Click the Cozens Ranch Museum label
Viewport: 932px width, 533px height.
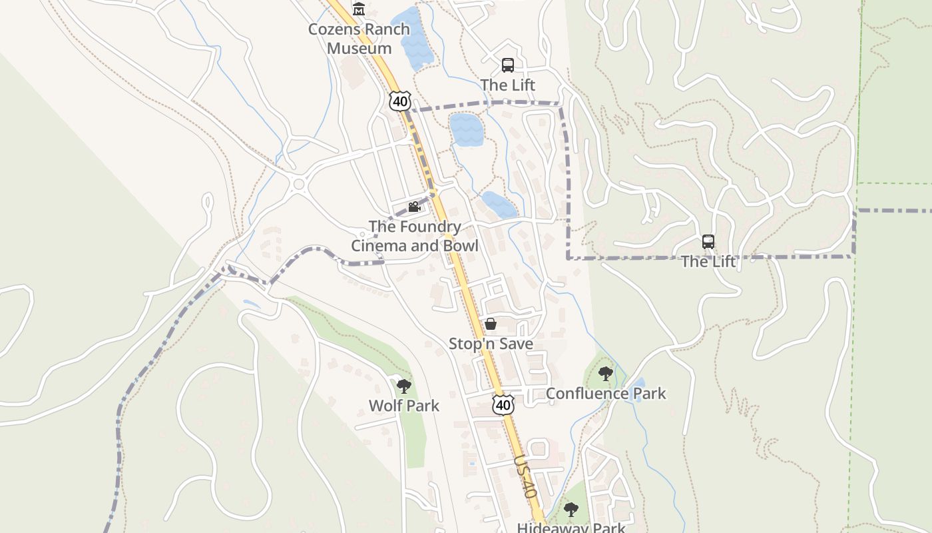359,39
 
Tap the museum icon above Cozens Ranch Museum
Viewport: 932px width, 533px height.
359,9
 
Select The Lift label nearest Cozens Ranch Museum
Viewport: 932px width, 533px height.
508,85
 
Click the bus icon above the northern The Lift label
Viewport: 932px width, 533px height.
508,65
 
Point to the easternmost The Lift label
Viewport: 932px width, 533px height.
708,262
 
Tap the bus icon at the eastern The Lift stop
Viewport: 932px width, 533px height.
708,242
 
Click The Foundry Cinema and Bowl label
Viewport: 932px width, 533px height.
415,236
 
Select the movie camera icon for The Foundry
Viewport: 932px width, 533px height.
414,207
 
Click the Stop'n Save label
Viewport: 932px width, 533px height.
491,344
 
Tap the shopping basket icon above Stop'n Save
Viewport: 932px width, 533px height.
491,324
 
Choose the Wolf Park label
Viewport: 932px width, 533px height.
404,406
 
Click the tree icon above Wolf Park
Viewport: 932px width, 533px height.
403,386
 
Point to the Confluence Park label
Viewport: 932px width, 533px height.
606,393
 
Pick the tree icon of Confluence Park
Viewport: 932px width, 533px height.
605,373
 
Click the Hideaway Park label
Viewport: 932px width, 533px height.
571,528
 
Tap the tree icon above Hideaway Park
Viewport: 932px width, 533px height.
571,510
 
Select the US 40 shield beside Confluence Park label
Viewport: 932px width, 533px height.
504,404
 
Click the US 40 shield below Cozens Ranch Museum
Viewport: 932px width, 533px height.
399,101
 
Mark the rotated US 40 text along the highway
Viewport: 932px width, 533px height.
525,477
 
